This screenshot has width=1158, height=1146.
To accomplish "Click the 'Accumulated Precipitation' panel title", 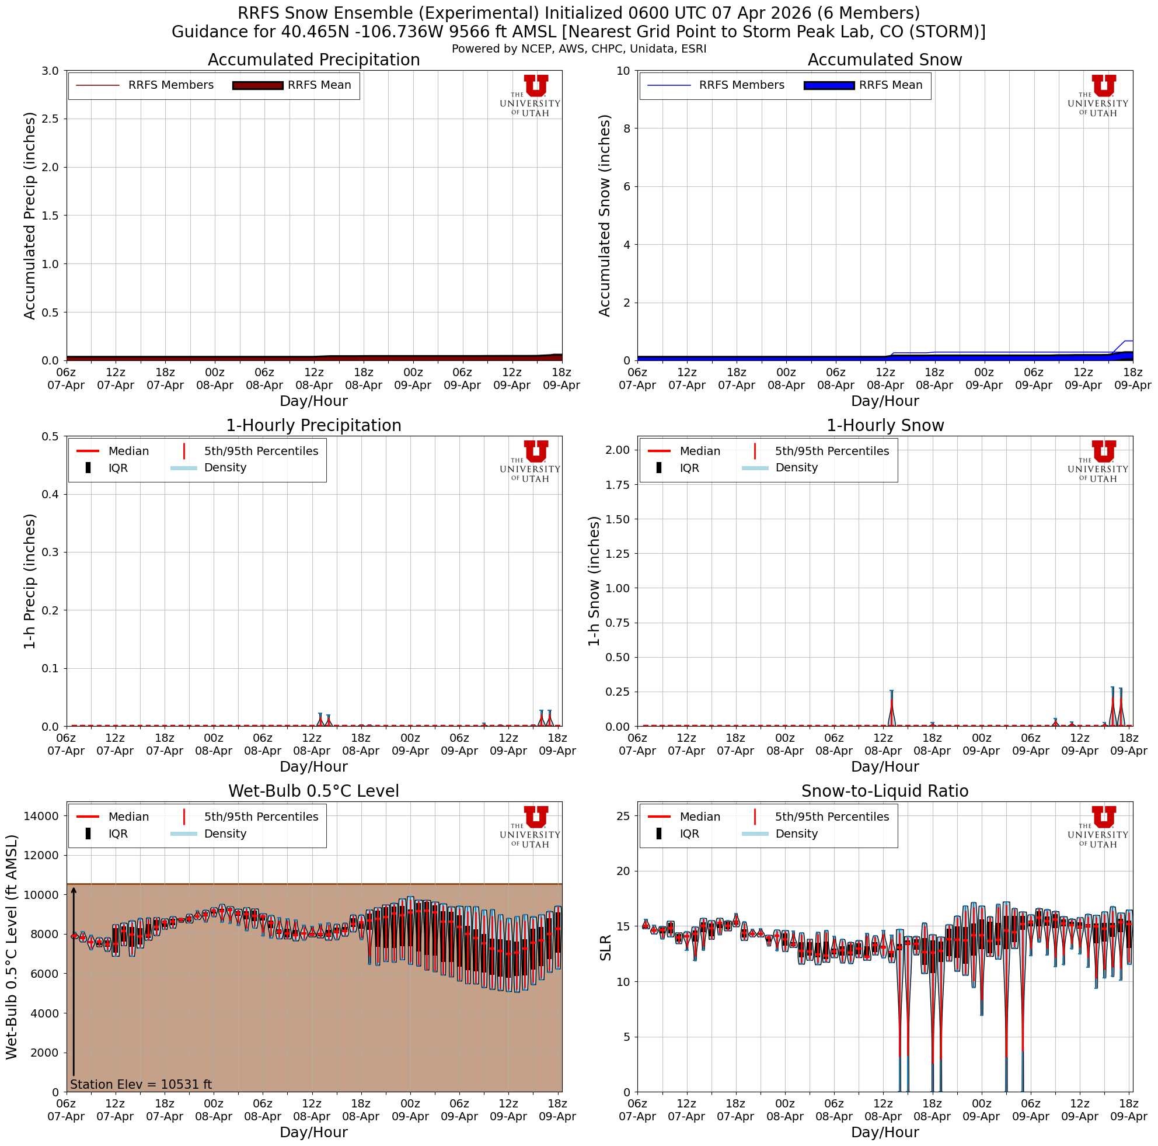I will (313, 60).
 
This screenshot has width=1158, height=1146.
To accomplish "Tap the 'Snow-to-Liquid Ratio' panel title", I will (885, 791).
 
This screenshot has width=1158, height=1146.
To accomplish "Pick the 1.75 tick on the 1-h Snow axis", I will (618, 485).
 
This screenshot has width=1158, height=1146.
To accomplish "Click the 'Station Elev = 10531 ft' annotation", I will (141, 1084).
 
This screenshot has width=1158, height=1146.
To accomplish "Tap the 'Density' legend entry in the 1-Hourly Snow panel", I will (796, 468).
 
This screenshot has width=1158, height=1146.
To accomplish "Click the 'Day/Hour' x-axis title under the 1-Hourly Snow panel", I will (885, 766).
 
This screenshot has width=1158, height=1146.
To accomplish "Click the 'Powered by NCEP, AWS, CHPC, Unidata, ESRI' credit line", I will (579, 48).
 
